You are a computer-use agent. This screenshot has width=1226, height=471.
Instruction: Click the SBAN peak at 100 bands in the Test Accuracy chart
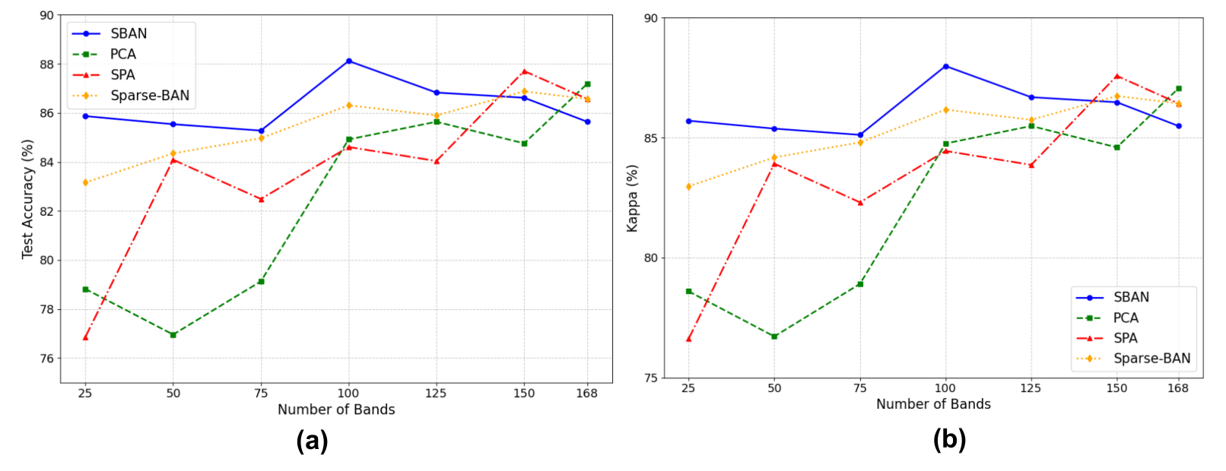(x=348, y=61)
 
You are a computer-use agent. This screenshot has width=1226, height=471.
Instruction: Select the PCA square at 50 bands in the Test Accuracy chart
(x=173, y=334)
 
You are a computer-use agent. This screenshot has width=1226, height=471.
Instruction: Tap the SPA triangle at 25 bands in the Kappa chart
(x=688, y=339)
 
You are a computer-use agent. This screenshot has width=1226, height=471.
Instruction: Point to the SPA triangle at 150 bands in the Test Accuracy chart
(x=524, y=71)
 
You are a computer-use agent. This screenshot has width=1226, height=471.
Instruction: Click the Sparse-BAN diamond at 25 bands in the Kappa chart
(x=688, y=186)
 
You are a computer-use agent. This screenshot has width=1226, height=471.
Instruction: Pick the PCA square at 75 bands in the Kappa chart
(x=860, y=284)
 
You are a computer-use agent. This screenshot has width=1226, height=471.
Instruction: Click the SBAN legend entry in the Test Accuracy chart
(x=129, y=33)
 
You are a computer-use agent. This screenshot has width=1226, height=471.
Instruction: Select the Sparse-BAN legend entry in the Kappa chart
(x=1151, y=359)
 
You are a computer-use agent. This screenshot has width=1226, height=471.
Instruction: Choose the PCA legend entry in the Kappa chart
(x=1126, y=318)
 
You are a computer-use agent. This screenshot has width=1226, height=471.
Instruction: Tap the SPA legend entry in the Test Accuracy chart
(x=122, y=74)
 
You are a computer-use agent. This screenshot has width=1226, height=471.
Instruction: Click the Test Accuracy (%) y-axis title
(x=28, y=199)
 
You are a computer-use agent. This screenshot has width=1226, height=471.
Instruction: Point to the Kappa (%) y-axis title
(x=632, y=198)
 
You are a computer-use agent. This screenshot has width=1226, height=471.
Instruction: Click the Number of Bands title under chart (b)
(x=933, y=404)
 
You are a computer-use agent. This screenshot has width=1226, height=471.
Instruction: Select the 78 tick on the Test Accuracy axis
(x=46, y=309)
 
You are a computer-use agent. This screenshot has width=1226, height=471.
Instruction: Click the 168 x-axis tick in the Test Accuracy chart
(x=586, y=393)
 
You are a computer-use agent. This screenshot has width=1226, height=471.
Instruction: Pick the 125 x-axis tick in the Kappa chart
(x=1031, y=387)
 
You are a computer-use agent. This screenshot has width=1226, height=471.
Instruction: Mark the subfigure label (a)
(x=312, y=441)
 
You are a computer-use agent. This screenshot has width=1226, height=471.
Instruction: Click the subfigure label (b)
(x=949, y=439)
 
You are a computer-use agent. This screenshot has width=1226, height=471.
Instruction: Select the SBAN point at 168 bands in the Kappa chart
(x=1178, y=126)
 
